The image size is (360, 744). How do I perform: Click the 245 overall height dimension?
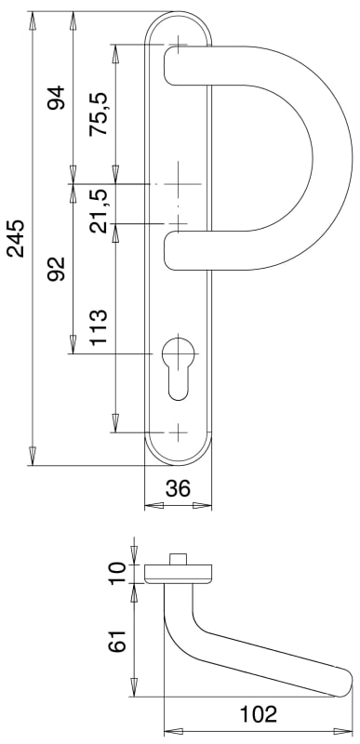16,238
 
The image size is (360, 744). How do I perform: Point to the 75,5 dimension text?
99,114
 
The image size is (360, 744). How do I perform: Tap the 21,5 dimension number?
99,211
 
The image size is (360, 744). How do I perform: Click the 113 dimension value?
99,328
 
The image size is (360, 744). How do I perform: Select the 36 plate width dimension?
178,488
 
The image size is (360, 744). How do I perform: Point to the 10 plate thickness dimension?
118,574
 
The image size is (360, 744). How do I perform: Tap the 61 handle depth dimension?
118,642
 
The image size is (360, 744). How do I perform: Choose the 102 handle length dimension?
258,714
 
